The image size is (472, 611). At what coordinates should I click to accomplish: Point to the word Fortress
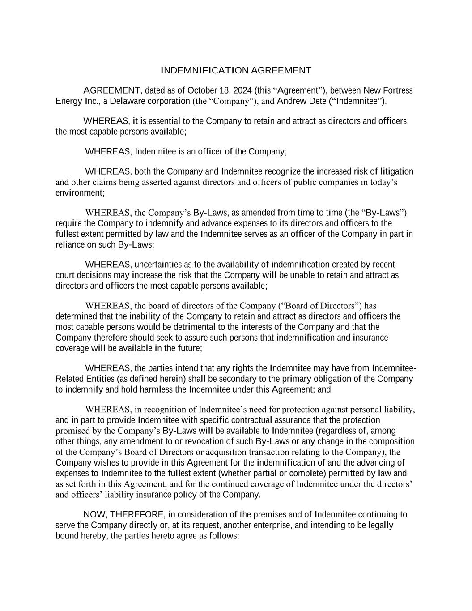point(398,90)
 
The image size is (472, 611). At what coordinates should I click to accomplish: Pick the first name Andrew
point(291,101)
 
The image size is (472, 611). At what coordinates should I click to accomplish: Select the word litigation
point(396,171)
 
